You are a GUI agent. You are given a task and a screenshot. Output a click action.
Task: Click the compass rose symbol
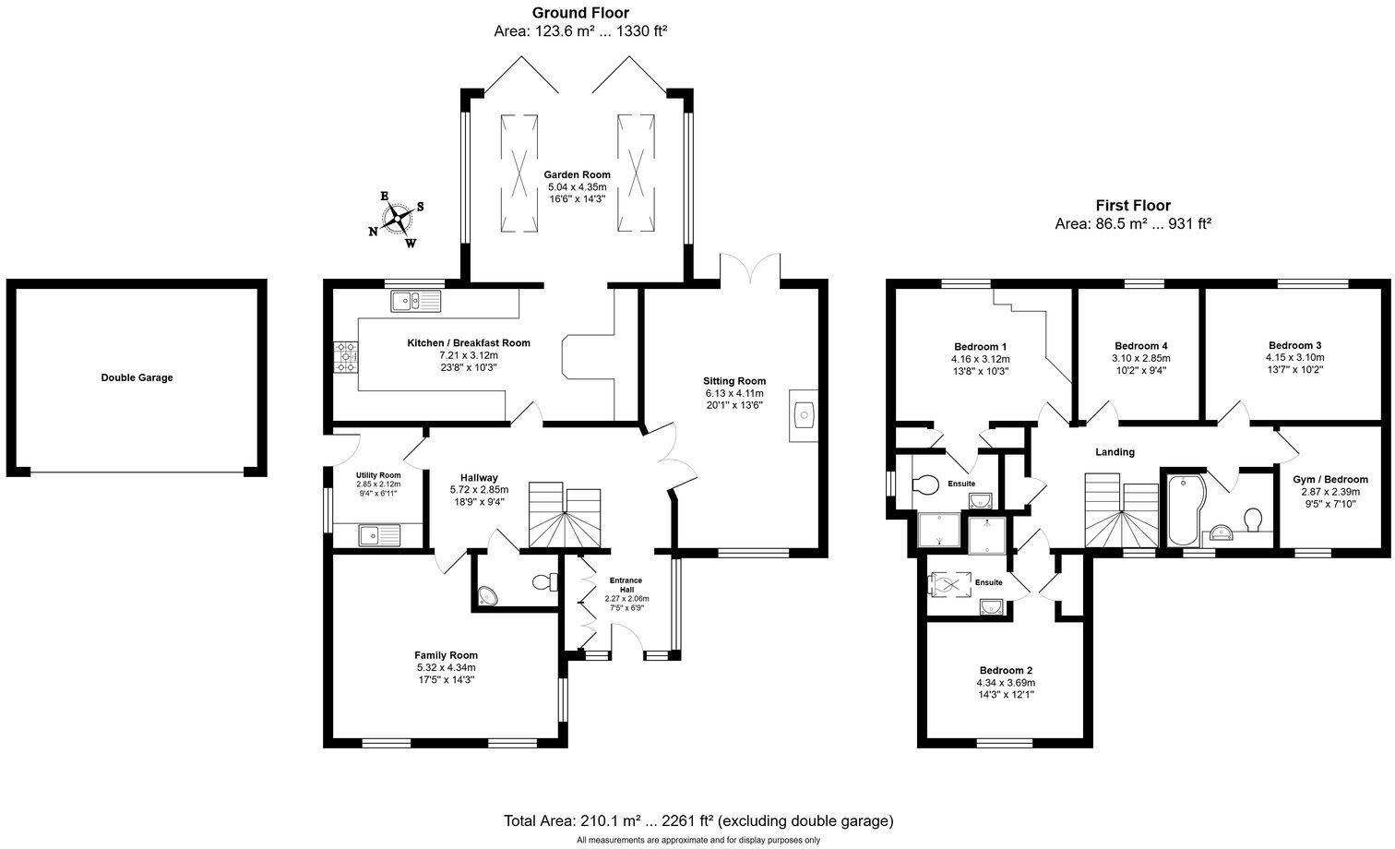398,219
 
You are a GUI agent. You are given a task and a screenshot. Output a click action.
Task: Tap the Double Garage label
137,377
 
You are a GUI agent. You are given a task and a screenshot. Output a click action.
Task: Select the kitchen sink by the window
416,300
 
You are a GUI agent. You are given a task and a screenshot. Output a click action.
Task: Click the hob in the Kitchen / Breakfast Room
347,357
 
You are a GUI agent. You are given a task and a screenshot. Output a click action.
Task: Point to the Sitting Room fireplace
804,416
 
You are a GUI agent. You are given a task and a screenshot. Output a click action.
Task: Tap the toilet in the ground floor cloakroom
546,582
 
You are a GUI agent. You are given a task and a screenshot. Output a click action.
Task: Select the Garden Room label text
577,174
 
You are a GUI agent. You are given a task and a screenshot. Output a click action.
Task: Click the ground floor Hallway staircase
564,516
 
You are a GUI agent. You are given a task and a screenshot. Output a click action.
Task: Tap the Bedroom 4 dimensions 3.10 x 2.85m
1140,358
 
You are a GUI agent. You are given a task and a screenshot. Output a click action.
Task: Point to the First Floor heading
1132,206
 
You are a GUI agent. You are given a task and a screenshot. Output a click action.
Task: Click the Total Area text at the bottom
697,820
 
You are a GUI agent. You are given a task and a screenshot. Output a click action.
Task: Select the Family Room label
446,655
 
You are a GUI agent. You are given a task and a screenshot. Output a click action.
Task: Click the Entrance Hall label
626,585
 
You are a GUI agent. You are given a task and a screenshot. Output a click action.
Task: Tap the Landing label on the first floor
1115,452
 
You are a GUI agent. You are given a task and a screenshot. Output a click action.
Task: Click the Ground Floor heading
580,13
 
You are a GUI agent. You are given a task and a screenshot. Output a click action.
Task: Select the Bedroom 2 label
1006,670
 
